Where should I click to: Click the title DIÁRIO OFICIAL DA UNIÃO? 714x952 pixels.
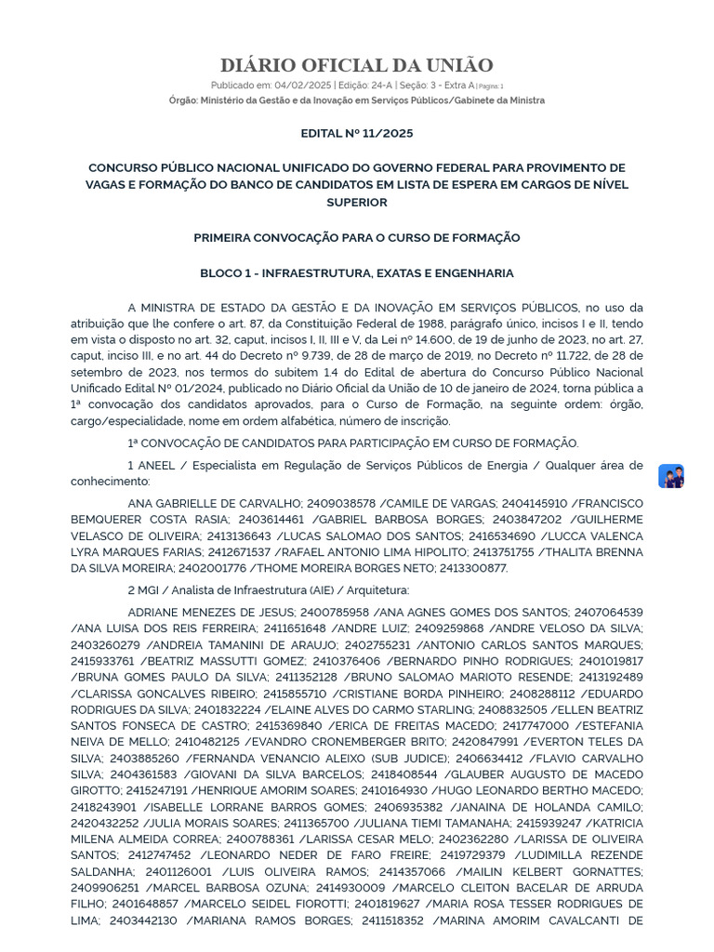point(356,65)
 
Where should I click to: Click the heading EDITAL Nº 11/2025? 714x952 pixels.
point(356,133)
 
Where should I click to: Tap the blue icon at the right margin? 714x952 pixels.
point(670,476)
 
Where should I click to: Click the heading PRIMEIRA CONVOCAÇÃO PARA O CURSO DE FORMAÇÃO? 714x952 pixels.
point(356,238)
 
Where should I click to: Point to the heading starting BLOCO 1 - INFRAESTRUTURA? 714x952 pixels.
point(356,273)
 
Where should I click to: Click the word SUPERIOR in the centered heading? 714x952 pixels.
point(356,203)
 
